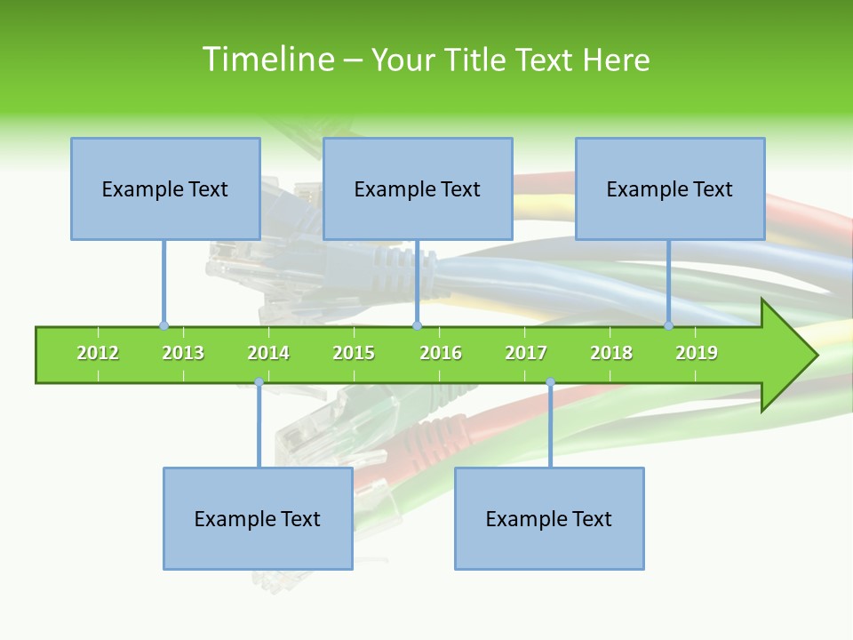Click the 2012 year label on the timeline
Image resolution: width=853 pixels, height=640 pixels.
98,354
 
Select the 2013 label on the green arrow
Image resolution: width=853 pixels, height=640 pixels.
183,354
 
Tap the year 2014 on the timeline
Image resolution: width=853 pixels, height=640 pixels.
268,354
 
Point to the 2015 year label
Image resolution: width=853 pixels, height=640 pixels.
354,354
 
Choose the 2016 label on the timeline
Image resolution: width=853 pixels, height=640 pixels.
441,354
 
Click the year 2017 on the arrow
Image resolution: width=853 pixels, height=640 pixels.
526,354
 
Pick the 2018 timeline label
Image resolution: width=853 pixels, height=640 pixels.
611,354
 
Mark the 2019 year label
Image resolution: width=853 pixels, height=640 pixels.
697,354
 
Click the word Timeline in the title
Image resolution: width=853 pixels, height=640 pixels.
267,60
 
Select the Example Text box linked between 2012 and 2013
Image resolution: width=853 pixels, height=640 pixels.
165,188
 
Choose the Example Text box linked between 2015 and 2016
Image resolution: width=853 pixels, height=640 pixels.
418,188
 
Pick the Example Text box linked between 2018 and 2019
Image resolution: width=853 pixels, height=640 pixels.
670,188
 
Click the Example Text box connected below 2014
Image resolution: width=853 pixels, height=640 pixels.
258,518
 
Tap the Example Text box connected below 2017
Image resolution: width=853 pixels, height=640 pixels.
549,518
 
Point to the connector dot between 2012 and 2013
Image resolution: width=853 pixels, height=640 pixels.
163,325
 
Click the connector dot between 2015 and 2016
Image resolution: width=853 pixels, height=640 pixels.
417,325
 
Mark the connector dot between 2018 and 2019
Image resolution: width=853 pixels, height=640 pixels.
669,325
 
